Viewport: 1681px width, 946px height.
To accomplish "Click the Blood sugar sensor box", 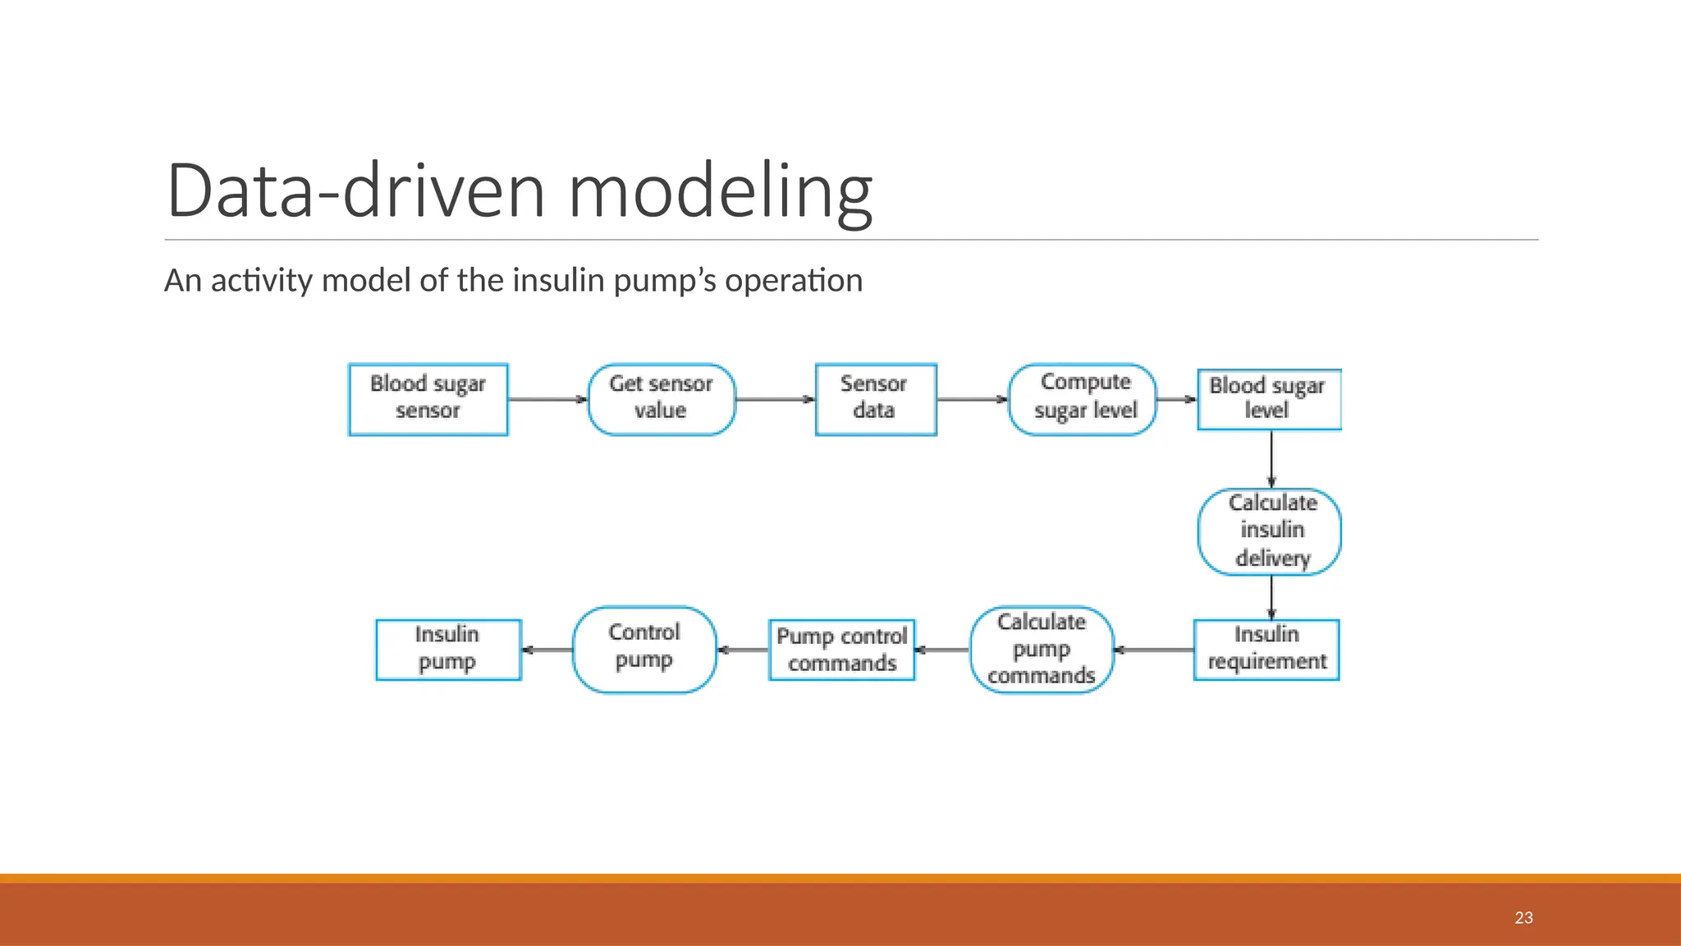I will [428, 400].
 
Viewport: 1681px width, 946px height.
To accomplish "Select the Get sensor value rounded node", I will [662, 400].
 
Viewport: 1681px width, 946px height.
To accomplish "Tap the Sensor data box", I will [876, 400].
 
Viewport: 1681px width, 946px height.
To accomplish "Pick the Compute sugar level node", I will [1083, 400].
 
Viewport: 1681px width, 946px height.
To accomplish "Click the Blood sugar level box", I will [1269, 400].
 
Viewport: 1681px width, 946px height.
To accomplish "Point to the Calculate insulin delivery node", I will [1270, 531].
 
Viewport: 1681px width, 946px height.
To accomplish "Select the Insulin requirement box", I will [1266, 650].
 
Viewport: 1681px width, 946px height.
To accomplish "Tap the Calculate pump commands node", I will [1042, 650].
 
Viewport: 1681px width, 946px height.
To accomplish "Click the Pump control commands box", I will [842, 650].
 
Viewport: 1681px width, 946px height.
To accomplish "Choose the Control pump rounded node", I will [644, 650].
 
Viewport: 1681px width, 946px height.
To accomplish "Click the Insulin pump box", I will [448, 650].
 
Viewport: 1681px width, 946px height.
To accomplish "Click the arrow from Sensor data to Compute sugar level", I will [972, 400].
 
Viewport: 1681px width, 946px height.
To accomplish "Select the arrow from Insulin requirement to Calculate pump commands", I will [1153, 650].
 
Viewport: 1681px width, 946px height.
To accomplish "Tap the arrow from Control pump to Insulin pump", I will [547, 650].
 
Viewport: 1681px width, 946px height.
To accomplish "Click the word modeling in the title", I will [720, 191].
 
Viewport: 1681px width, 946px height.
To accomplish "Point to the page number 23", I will [1523, 918].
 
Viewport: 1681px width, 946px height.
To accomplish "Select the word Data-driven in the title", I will [355, 191].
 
